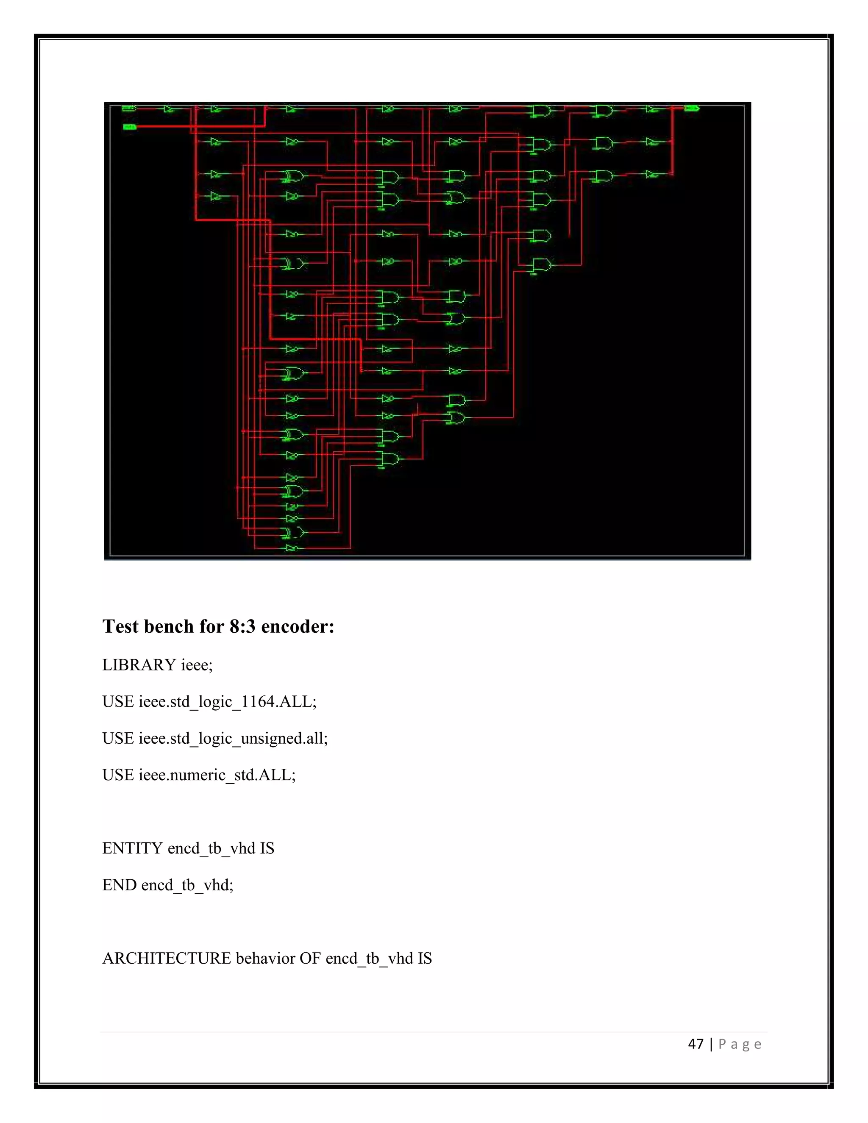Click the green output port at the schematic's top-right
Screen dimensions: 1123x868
click(x=692, y=108)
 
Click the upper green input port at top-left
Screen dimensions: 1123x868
click(x=128, y=108)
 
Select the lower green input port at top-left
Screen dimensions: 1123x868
click(x=130, y=126)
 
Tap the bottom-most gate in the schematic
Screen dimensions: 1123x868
click(x=292, y=548)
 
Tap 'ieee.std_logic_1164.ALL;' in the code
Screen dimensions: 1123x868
click(x=227, y=702)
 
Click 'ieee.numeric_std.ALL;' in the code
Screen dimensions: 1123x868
click(x=217, y=775)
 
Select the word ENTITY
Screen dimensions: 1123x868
click(x=132, y=848)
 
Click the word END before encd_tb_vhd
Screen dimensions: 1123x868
click(x=119, y=884)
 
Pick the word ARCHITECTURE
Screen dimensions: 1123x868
click(x=167, y=958)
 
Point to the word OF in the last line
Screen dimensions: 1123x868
click(x=310, y=958)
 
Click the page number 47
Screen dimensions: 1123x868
click(x=695, y=1044)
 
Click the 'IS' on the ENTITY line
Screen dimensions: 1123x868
click(x=267, y=848)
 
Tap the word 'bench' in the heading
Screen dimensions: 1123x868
click(x=169, y=626)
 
